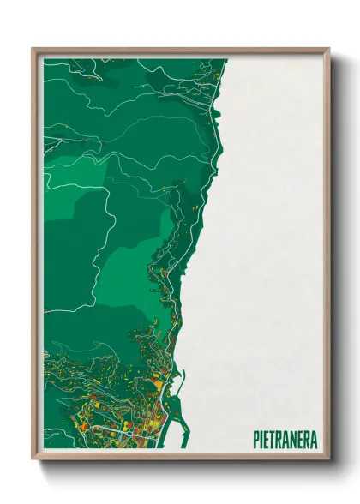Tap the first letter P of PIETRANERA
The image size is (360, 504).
[256, 439]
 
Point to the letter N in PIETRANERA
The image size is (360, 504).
[295, 439]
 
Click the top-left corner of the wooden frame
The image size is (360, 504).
[33, 49]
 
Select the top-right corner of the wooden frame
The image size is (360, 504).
[328, 49]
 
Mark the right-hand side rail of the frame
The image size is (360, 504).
[327, 257]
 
